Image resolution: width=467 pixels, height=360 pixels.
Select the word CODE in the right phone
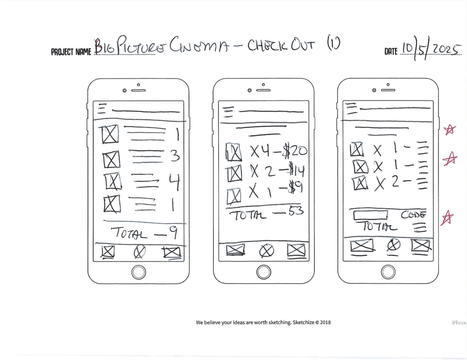414,214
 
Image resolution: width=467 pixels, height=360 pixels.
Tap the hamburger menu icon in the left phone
102,108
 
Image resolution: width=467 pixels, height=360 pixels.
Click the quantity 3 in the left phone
175,157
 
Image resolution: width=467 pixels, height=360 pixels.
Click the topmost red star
450,130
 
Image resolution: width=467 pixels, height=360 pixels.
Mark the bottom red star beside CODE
448,218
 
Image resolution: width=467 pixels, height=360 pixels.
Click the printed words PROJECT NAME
72,51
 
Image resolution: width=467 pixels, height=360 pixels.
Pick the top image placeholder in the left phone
109,134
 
